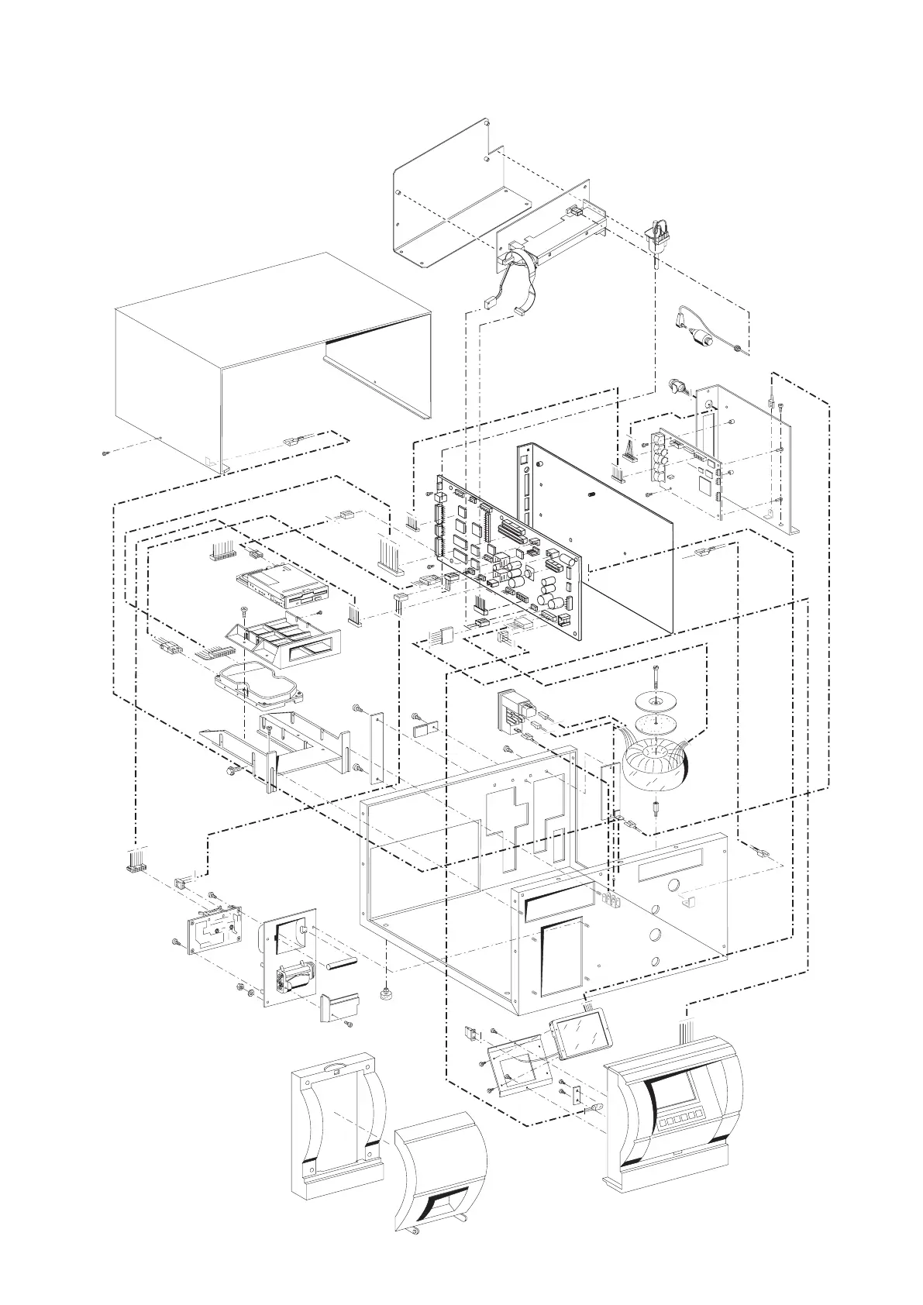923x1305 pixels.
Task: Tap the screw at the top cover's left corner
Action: [105, 453]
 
